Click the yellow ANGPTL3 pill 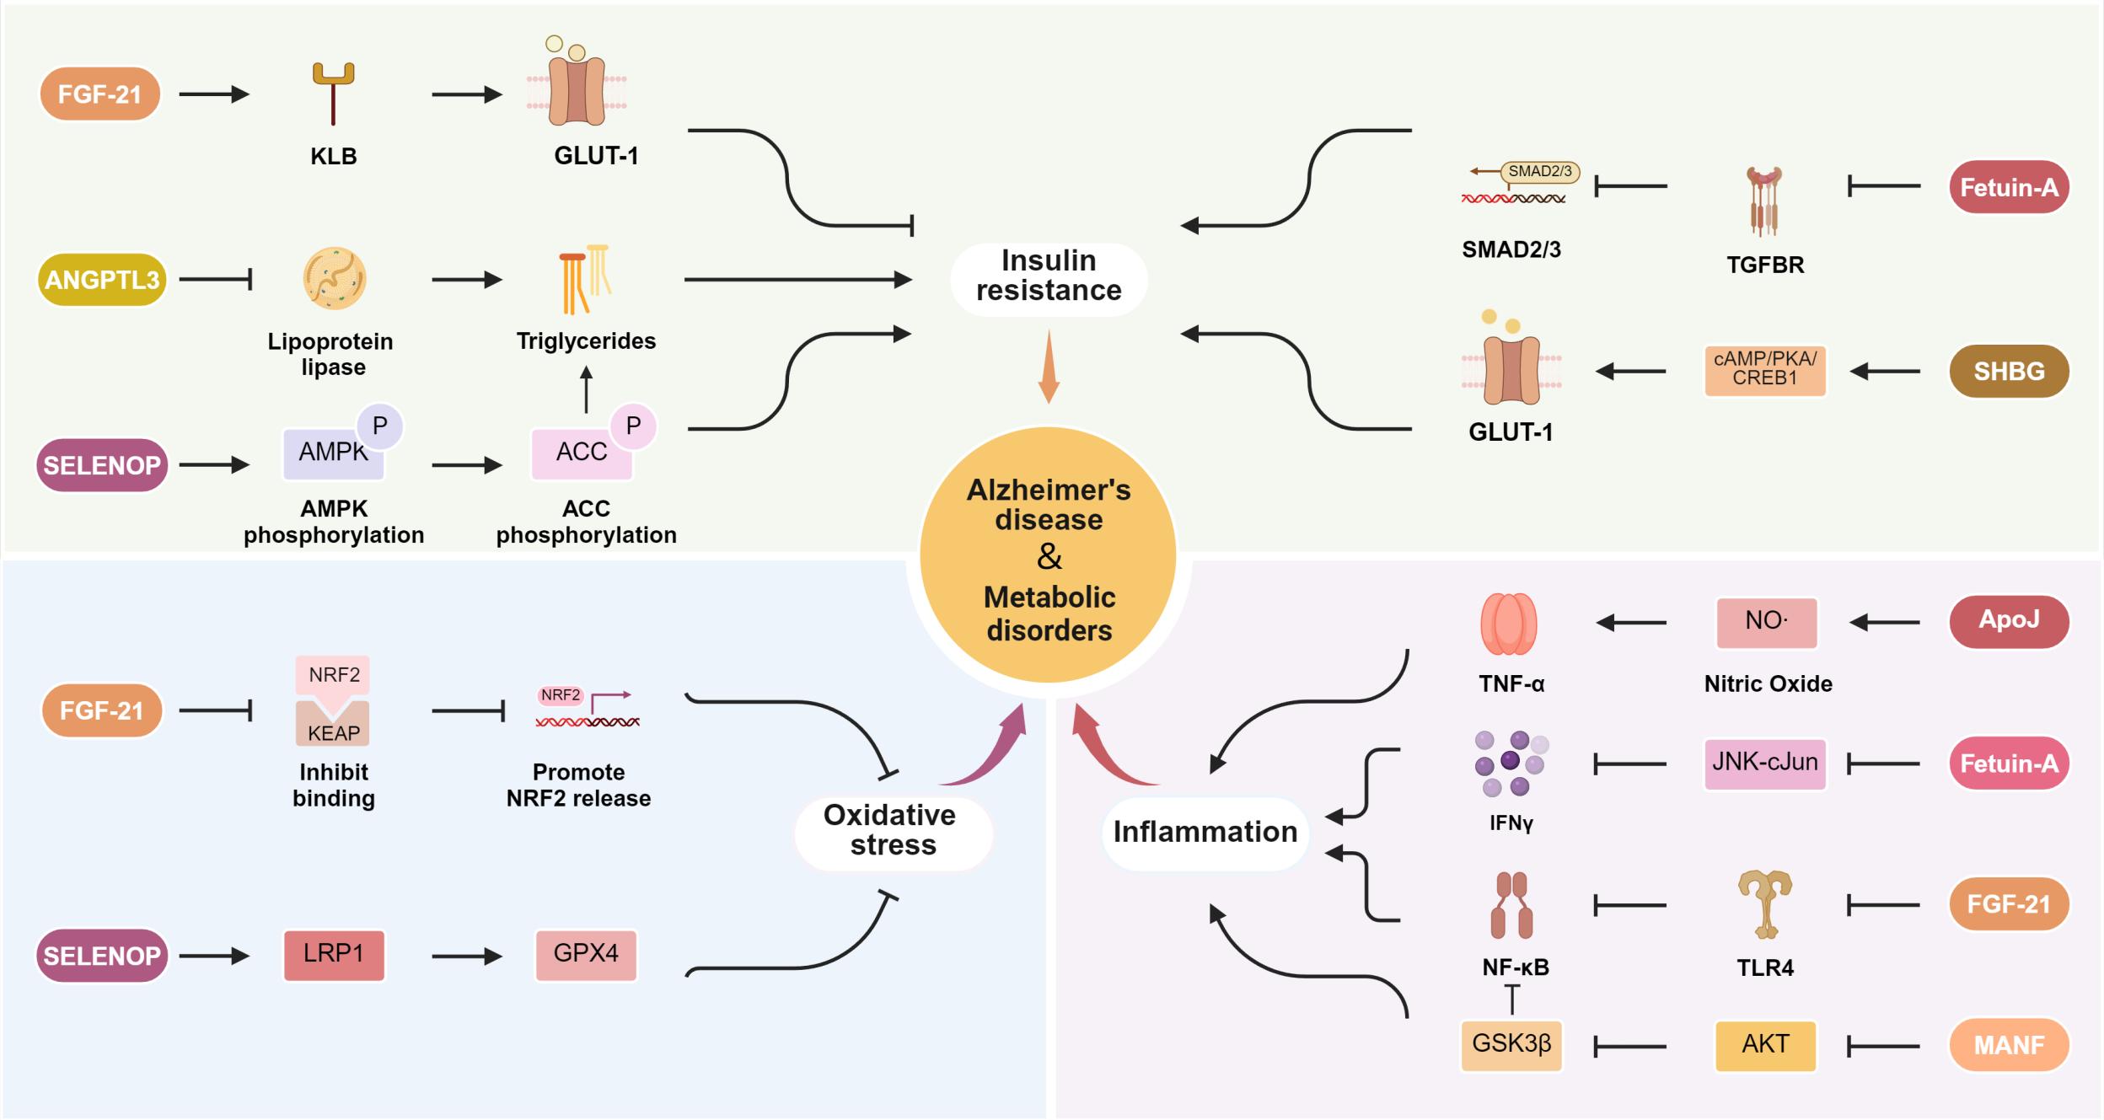[x=102, y=280]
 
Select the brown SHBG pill [x=2009, y=371]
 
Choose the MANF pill [x=2009, y=1045]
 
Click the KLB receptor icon [x=333, y=94]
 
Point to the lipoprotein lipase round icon [x=335, y=278]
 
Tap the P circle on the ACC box [x=633, y=426]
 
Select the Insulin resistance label [x=1049, y=276]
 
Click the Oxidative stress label [x=892, y=830]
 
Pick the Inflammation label [x=1205, y=832]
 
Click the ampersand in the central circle [x=1049, y=557]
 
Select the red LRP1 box [x=334, y=955]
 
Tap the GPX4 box [x=586, y=955]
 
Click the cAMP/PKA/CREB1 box [x=1765, y=370]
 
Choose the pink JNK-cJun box [x=1765, y=764]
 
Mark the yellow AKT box [x=1765, y=1045]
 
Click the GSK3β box [x=1511, y=1045]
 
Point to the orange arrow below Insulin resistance [x=1049, y=367]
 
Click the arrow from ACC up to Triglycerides [x=587, y=389]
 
